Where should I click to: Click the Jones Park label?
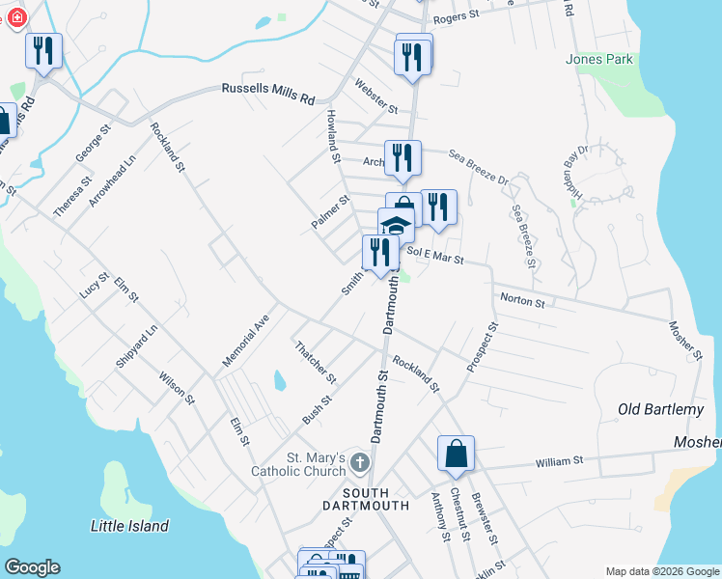point(599,59)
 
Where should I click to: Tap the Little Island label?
point(129,526)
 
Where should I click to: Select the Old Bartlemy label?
point(661,410)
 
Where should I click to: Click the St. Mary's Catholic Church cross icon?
point(359,462)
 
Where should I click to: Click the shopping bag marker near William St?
point(456,455)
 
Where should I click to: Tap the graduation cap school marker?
point(396,227)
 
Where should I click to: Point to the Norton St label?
point(521,301)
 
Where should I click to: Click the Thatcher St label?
point(316,361)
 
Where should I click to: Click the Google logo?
point(32,567)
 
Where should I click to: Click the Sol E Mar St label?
point(435,255)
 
